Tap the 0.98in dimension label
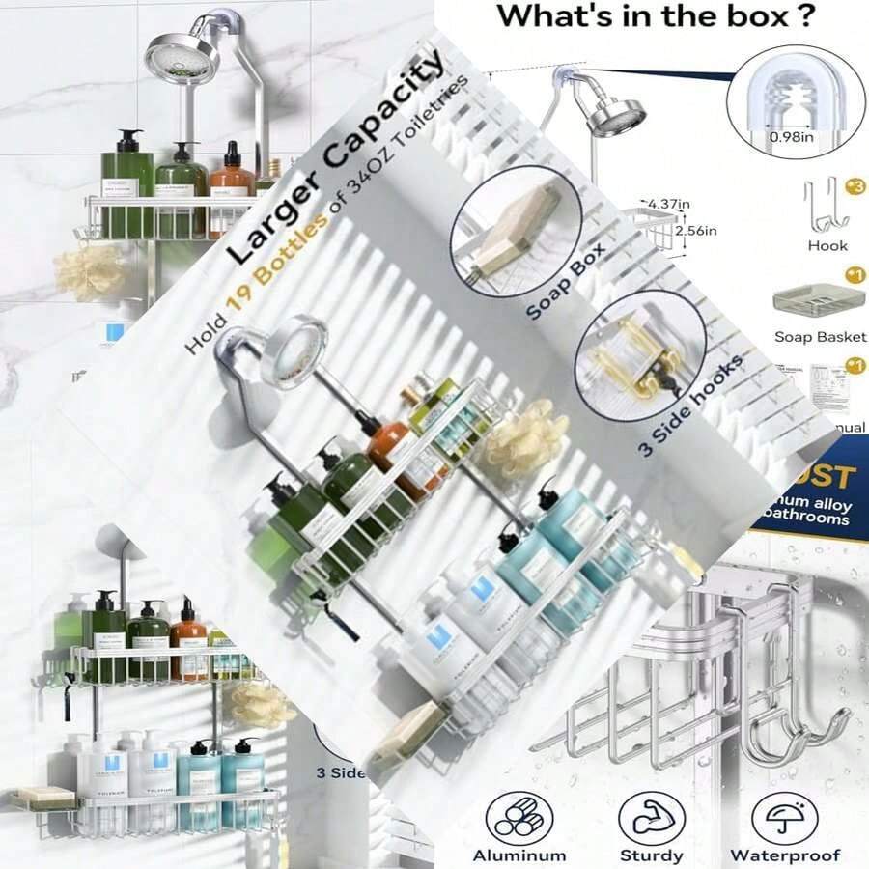point(791,137)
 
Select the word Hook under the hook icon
point(827,246)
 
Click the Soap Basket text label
point(820,337)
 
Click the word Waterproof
point(784,855)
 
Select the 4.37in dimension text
point(670,204)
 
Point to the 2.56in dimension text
point(697,231)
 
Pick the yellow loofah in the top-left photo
point(89,272)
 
